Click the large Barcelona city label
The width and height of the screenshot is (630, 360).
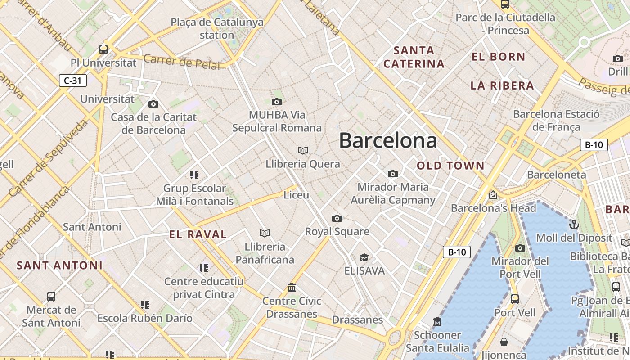pos(388,140)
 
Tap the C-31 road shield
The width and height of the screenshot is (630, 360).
pos(72,81)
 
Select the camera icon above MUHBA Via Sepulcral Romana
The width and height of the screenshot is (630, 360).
pos(277,102)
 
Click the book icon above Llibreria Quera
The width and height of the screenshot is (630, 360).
pos(303,150)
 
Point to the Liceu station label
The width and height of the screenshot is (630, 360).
pos(296,195)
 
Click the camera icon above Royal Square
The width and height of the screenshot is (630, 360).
pos(337,219)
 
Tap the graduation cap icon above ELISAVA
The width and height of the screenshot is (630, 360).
pos(364,257)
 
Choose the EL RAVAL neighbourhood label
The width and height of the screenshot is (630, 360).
pos(198,234)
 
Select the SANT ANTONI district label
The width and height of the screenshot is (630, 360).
pos(60,265)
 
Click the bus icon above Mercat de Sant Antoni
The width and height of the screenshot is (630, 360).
pos(51,297)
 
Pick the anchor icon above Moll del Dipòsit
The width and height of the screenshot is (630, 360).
pos(574,225)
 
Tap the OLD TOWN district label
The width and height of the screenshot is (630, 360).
pos(450,166)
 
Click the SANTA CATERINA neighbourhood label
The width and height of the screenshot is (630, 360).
pos(414,57)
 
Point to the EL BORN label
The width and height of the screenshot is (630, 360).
pos(499,57)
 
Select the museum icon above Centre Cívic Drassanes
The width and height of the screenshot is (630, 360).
pos(292,288)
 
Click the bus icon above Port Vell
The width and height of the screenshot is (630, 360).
pos(515,299)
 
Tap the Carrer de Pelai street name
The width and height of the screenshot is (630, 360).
pos(182,62)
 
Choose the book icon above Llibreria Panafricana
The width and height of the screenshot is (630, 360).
pos(265,233)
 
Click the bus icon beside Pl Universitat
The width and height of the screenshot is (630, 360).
pos(103,49)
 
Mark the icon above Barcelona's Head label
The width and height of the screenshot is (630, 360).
pos(493,195)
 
